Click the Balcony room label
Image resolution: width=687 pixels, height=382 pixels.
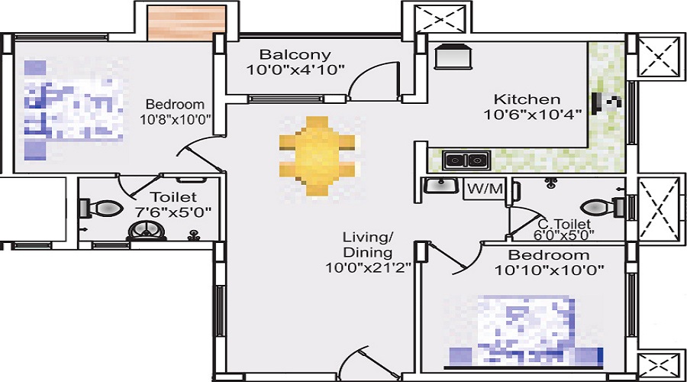[x=295, y=55]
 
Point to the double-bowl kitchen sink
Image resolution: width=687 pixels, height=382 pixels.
[x=466, y=160]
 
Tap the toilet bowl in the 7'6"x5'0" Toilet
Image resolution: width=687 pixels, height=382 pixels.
[x=103, y=207]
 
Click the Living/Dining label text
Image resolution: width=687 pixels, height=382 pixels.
[x=367, y=245]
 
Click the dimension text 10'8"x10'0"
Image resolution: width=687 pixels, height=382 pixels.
[x=175, y=119]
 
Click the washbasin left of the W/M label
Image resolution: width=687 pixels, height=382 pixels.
[x=438, y=186]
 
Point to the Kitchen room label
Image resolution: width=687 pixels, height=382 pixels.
[x=527, y=99]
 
